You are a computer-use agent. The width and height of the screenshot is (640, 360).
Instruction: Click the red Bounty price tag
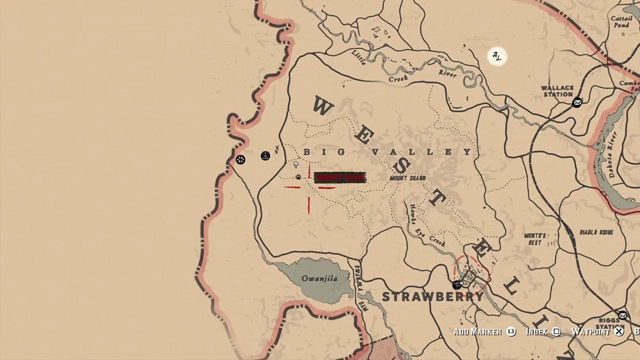pos(340,177)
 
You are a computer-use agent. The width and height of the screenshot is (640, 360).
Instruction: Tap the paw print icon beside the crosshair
pos(298,177)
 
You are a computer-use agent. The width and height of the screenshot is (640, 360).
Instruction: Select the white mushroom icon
pos(296,164)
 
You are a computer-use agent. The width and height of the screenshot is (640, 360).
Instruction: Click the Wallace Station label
pos(557,91)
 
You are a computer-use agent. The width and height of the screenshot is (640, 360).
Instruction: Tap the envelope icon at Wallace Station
pos(577,102)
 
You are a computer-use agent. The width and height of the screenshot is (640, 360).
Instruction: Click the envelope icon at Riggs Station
pos(622,315)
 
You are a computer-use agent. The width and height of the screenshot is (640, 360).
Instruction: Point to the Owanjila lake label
pos(319,278)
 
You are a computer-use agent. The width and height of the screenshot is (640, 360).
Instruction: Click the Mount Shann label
pos(407,178)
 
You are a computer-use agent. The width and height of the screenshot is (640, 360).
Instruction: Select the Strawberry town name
pos(433,296)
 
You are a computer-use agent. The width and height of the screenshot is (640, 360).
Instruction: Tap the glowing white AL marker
pos(496,56)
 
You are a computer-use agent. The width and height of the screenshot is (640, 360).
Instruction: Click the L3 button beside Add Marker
pos(510,331)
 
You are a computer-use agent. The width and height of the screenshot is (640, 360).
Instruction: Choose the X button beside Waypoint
pos(619,331)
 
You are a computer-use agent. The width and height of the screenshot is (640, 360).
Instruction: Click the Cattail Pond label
pos(621,22)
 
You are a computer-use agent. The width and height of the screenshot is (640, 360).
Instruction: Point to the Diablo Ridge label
pos(596,232)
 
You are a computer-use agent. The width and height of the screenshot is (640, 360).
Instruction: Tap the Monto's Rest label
pos(534,239)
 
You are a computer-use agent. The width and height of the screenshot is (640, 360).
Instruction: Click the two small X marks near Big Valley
pos(276,149)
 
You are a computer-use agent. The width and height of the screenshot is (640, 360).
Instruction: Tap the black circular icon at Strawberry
pos(456,285)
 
